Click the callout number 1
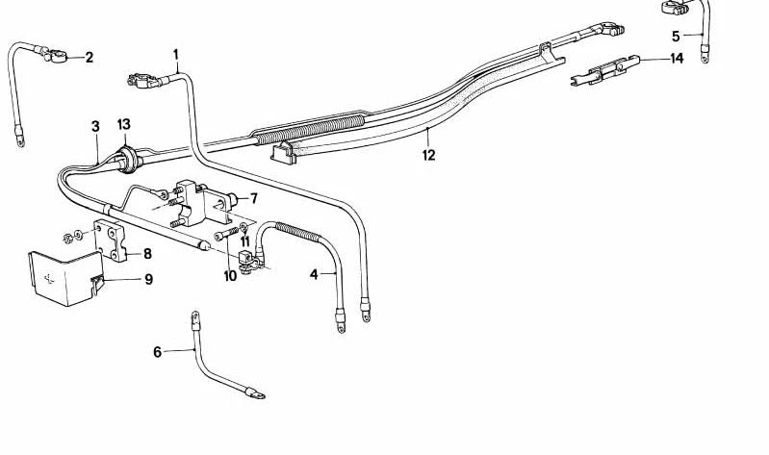(176, 54)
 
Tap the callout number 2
(90, 58)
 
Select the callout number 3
(95, 126)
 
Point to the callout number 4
(314, 275)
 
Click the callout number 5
(676, 37)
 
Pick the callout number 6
(158, 352)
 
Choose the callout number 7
(254, 199)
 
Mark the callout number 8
(147, 254)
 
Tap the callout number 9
(148, 280)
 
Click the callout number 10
(230, 276)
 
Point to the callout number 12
(428, 154)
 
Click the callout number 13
(123, 125)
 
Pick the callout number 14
(677, 59)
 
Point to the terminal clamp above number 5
(676, 9)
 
